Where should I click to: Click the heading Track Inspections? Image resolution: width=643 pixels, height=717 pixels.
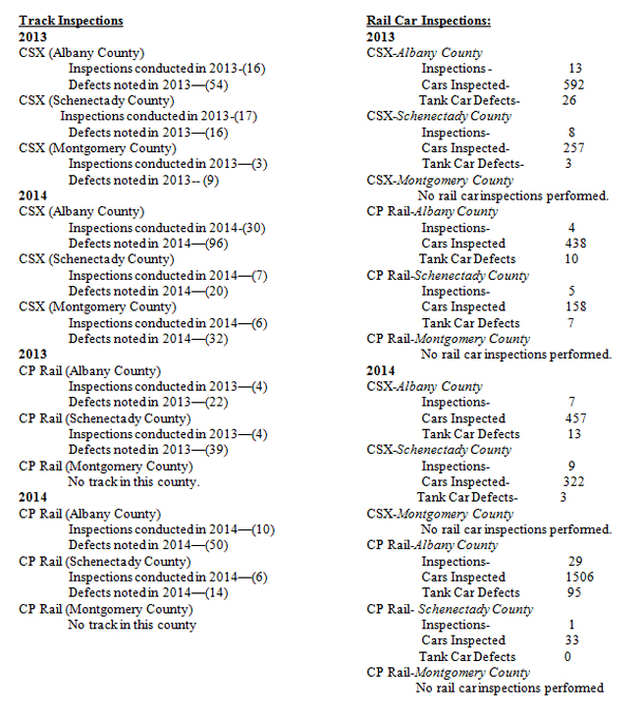tap(71, 21)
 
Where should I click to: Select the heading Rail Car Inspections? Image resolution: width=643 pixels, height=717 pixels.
tap(428, 21)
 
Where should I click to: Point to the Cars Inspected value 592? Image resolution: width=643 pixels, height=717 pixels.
tap(574, 84)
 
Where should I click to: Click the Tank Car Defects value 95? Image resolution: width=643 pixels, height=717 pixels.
tap(573, 592)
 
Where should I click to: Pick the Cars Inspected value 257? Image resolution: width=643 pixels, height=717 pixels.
tap(574, 148)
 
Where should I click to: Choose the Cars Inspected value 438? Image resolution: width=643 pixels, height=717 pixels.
tap(574, 244)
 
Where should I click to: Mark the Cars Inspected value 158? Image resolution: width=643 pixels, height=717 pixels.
tap(574, 306)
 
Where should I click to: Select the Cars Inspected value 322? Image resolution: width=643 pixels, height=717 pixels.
tap(574, 482)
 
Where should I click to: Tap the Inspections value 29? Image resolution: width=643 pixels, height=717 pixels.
tap(575, 561)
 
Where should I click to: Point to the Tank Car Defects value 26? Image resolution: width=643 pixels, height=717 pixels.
tap(568, 100)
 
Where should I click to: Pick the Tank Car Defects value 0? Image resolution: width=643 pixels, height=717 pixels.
tap(567, 656)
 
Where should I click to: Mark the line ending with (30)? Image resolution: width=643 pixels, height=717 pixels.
tap(168, 228)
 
